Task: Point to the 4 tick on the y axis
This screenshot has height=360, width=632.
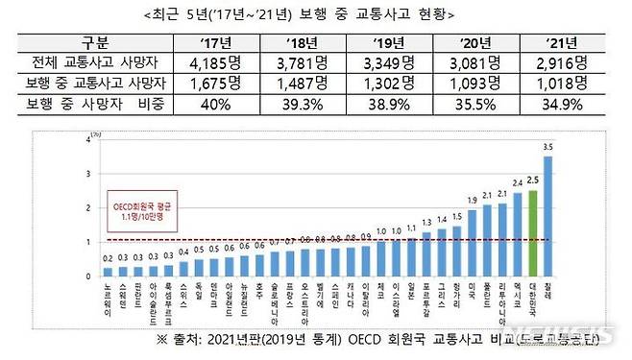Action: pos(89,140)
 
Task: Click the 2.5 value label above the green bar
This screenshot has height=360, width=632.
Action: pos(533,180)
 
